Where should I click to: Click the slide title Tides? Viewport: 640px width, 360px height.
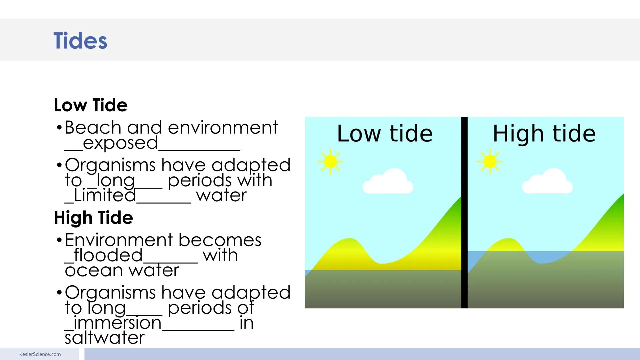[x=80, y=41]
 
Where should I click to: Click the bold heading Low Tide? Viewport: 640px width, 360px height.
[x=91, y=105]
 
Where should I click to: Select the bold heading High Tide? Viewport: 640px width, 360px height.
[x=93, y=218]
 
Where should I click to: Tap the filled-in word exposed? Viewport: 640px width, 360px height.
[x=120, y=143]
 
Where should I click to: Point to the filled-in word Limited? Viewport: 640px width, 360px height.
[x=105, y=195]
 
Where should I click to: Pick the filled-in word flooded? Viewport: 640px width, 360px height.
[x=108, y=256]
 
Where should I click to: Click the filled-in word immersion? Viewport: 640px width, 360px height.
[x=117, y=323]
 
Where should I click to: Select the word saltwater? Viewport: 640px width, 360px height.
[x=105, y=338]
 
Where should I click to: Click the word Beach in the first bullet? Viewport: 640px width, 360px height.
[x=93, y=128]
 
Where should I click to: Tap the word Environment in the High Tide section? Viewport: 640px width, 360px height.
[x=119, y=240]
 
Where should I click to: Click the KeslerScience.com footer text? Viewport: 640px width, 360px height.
[x=40, y=354]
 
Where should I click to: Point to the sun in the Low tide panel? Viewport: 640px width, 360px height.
[x=330, y=162]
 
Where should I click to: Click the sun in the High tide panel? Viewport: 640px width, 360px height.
[x=490, y=162]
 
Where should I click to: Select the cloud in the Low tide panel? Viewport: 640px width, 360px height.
[x=388, y=182]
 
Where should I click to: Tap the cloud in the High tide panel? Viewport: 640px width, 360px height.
[x=547, y=182]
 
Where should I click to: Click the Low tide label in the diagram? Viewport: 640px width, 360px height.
[x=385, y=134]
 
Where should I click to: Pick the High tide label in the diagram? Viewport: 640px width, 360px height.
[x=544, y=134]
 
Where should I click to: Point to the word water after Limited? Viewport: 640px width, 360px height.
[x=221, y=195]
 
